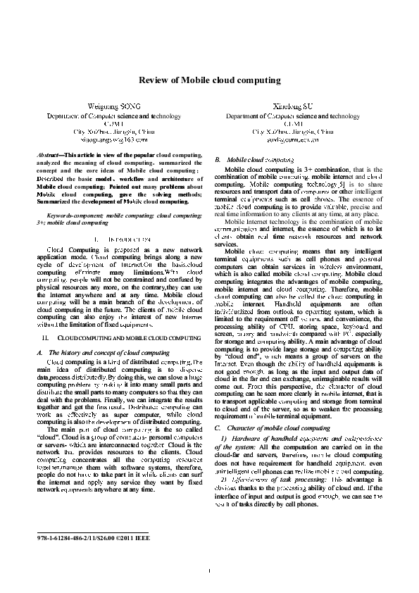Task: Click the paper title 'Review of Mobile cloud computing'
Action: click(209, 80)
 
